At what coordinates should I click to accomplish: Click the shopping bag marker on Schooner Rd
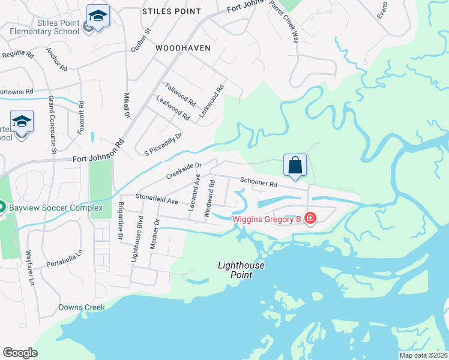295,165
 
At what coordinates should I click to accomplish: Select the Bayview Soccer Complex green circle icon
2,207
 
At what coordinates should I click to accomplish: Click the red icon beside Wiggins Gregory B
310,218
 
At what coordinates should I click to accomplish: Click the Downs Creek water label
82,308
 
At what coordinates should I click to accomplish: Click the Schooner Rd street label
259,182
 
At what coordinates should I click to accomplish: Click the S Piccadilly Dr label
163,144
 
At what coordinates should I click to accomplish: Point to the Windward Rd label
208,197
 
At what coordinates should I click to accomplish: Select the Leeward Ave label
194,192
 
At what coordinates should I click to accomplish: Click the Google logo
20,352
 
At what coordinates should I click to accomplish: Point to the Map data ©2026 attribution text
423,355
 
